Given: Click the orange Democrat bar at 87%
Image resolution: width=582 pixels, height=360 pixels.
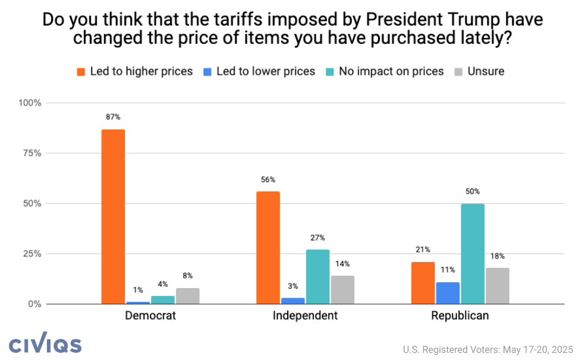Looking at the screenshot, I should tap(113, 217).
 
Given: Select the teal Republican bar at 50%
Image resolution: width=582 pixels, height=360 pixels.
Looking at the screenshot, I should tap(473, 254).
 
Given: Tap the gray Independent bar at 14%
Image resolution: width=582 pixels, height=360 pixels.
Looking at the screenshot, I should tap(342, 290).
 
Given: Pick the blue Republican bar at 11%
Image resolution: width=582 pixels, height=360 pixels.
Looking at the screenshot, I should tap(448, 293).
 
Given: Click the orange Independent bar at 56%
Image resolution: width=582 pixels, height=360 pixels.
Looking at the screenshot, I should tap(268, 248).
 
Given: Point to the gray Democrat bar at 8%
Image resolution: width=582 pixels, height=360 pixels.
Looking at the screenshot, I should tap(187, 296).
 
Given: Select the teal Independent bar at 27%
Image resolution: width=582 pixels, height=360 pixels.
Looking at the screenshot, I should tap(317, 277).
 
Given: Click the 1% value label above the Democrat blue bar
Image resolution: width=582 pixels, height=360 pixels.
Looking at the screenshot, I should tap(138, 290).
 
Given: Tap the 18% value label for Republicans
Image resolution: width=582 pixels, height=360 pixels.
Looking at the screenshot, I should tap(498, 256).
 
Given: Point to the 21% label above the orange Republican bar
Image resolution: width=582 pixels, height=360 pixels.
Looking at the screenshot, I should tap(423, 250).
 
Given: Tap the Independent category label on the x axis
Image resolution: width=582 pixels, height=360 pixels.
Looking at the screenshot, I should tap(305, 315).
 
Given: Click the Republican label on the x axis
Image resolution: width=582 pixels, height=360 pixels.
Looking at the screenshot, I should tap(460, 315).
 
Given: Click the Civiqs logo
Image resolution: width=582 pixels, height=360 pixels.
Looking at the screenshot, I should tap(45, 345).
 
